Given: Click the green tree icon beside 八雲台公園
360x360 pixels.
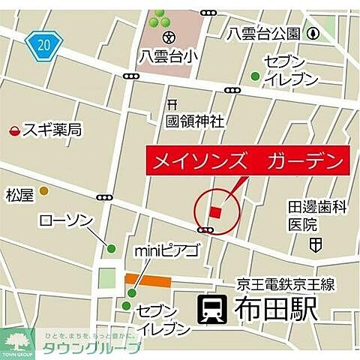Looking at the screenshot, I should pyautogui.click(x=310, y=32).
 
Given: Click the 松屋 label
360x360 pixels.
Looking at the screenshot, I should pyautogui.click(x=20, y=196).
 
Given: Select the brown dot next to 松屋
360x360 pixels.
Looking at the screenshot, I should pyautogui.click(x=44, y=191).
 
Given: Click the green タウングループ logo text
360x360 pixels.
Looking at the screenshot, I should pyautogui.click(x=90, y=348).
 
